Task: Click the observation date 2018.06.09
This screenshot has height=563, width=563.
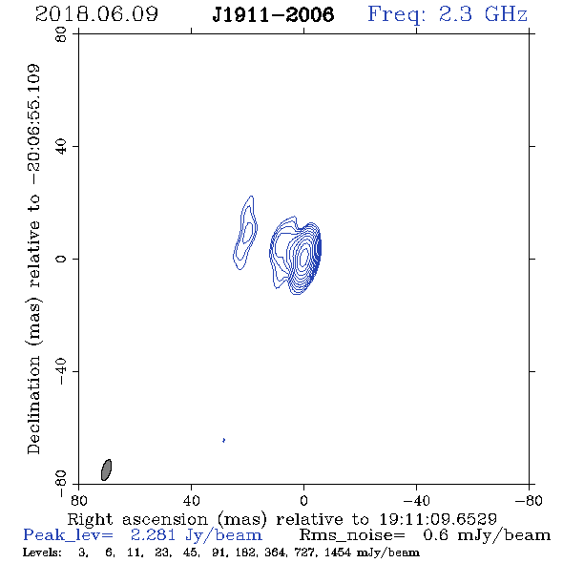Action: point(96,14)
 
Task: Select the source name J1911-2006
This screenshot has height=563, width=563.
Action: point(273,14)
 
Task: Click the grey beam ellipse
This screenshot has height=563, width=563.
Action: point(106,469)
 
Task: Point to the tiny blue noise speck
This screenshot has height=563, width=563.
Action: point(223,440)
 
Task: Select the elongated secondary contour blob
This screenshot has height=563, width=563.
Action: point(245,233)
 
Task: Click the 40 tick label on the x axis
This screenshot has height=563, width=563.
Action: point(191,500)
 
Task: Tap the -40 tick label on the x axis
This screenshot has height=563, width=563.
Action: point(416,500)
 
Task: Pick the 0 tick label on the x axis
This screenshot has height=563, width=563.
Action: point(303,500)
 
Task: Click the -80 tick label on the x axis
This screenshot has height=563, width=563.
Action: point(529,500)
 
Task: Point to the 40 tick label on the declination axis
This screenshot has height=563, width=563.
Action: point(61,146)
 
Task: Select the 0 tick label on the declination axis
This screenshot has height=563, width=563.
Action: point(61,259)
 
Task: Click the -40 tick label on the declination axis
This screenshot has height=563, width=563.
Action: point(61,371)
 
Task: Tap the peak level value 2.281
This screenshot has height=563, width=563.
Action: point(153,535)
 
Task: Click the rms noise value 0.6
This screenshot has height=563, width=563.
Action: point(436,535)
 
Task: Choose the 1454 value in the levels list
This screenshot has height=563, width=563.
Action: point(338,552)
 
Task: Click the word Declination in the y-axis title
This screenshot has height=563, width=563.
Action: point(33,405)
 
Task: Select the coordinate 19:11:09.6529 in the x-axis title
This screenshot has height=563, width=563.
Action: point(438,519)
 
